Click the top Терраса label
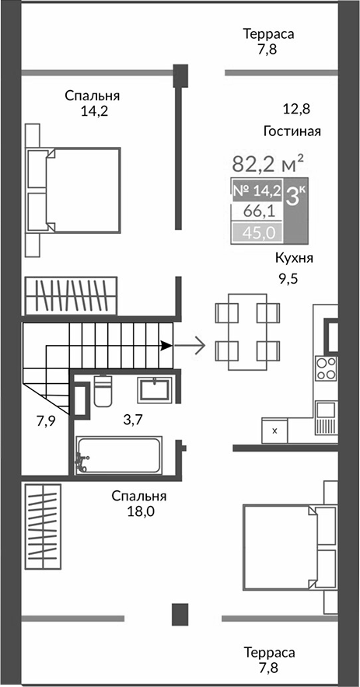268,34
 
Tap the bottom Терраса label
268,652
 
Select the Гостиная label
292,131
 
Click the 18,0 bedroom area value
138,511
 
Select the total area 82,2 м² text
267,164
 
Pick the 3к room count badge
295,195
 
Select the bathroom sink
156,389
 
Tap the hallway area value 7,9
47,421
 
